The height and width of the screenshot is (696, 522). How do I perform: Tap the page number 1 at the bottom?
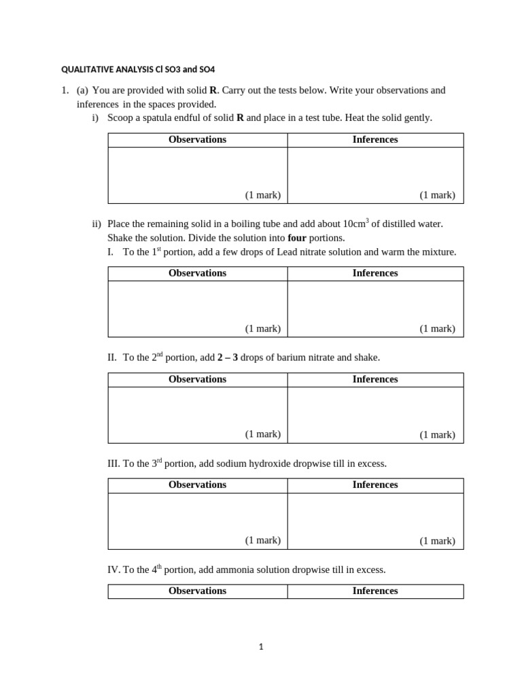pyautogui.click(x=260, y=647)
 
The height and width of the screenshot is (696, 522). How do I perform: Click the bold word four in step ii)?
pyautogui.click(x=297, y=238)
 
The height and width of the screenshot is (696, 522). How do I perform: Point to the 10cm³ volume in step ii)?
pyautogui.click(x=355, y=224)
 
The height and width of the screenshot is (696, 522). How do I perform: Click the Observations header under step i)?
pyautogui.click(x=197, y=139)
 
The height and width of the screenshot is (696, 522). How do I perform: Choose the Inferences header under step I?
pyautogui.click(x=375, y=273)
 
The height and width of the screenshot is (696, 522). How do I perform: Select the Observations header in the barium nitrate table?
pyautogui.click(x=197, y=379)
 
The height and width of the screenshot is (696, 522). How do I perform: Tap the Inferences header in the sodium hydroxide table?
pyautogui.click(x=375, y=485)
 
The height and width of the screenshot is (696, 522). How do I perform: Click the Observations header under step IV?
pyautogui.click(x=197, y=591)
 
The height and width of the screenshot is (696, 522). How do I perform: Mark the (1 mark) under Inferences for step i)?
pyautogui.click(x=437, y=195)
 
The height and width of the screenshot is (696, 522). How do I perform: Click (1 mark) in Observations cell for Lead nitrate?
pyautogui.click(x=263, y=328)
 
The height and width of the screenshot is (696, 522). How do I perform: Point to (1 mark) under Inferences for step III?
pyautogui.click(x=437, y=541)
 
